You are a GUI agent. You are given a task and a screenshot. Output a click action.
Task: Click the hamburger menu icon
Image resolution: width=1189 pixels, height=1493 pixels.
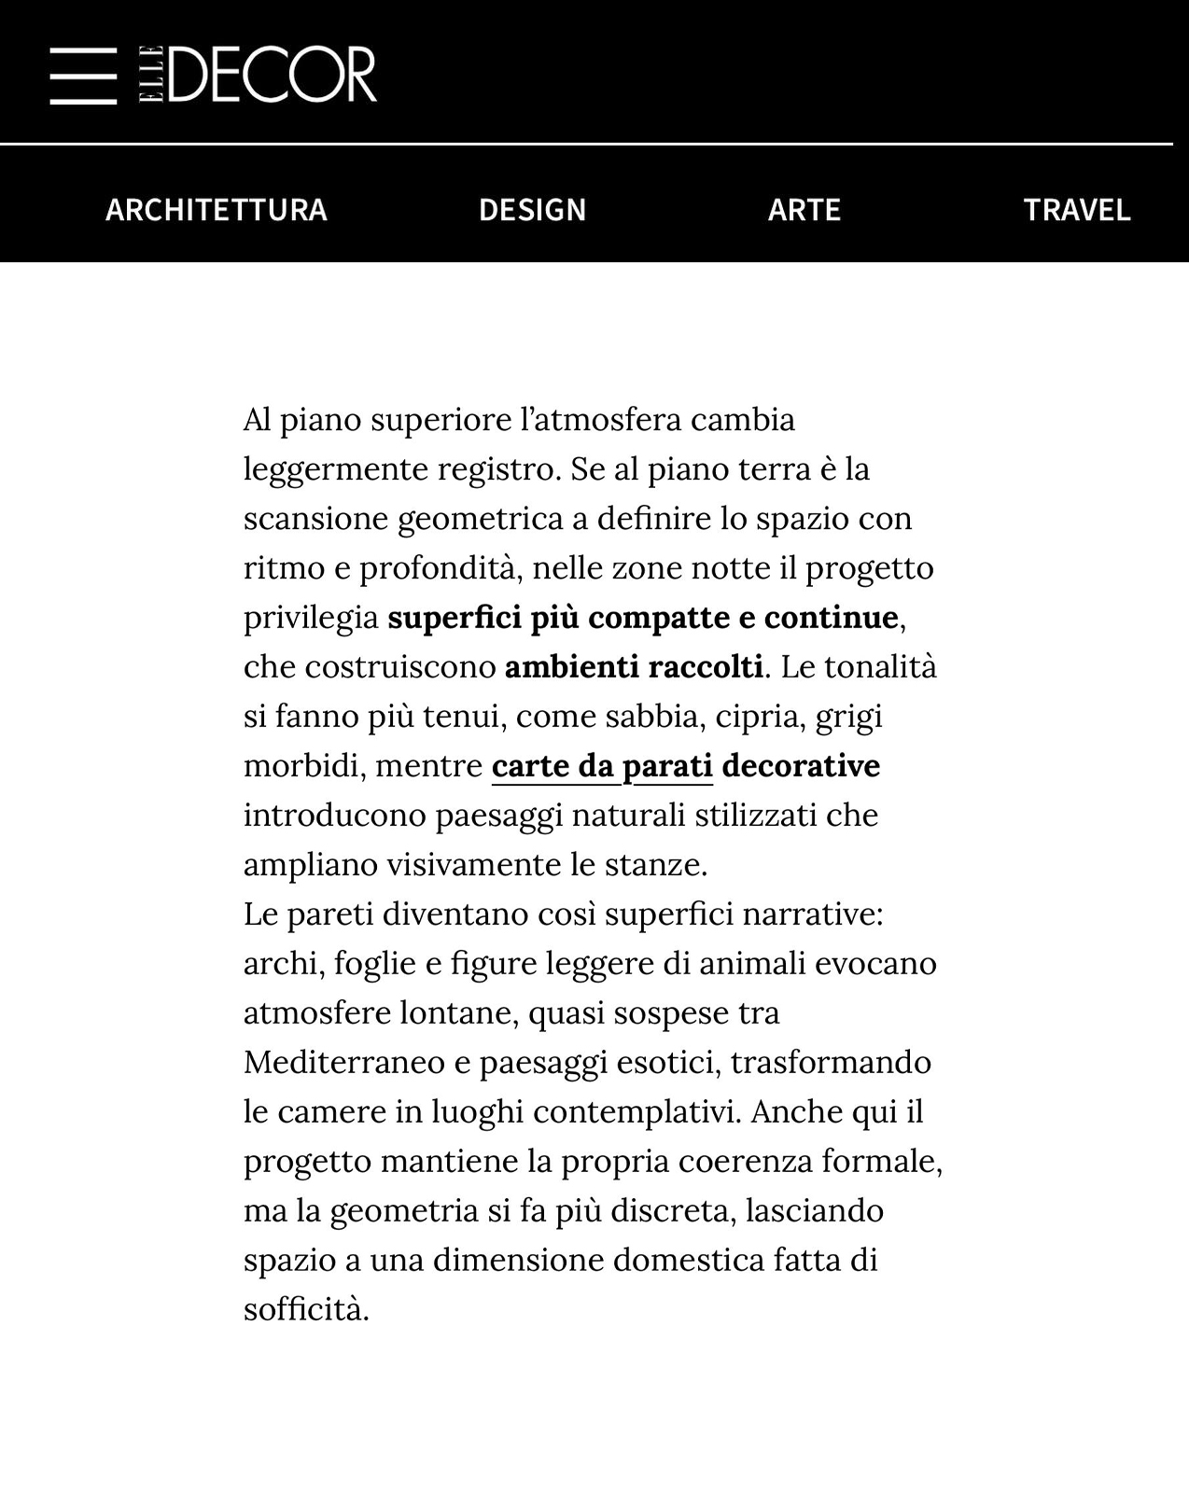pyautogui.click(x=83, y=75)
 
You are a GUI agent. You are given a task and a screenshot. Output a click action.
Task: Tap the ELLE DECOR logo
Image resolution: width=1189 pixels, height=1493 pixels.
pyautogui.click(x=259, y=74)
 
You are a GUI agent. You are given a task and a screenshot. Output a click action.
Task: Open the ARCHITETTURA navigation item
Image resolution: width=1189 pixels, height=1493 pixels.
pyautogui.click(x=217, y=209)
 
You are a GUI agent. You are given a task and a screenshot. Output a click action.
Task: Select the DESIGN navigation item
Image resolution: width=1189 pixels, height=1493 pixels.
pyautogui.click(x=532, y=209)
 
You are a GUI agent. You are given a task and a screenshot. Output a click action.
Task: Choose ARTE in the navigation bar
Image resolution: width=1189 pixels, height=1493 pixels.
pyautogui.click(x=804, y=209)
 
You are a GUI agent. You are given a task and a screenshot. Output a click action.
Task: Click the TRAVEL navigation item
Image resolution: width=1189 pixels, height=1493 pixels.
pyautogui.click(x=1076, y=209)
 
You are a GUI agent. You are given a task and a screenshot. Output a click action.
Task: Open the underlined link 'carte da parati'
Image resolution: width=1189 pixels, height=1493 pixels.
pyautogui.click(x=602, y=766)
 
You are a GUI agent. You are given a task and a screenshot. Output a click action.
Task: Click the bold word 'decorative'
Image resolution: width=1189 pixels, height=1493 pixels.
pyautogui.click(x=801, y=766)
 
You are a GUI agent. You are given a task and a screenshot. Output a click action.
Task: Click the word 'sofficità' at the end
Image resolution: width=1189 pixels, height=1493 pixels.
pyautogui.click(x=305, y=1310)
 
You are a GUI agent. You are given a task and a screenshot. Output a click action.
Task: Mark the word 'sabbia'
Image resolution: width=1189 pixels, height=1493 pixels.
pyautogui.click(x=652, y=717)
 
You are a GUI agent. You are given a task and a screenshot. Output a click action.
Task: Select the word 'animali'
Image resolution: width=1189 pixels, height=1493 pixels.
pyautogui.click(x=752, y=964)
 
